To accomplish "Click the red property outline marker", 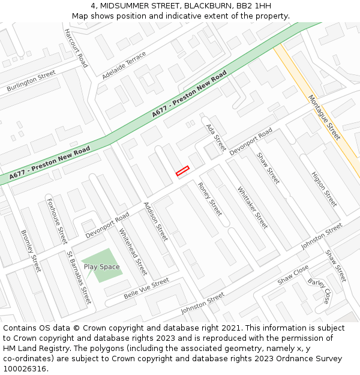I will (182, 171).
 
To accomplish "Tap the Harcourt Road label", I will (76, 47).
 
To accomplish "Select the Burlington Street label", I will (31, 82).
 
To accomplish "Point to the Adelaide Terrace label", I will (124, 65).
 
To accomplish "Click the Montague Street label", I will (324, 117).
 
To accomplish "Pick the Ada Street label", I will (216, 137).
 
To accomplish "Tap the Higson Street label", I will (324, 189).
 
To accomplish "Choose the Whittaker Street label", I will (253, 208).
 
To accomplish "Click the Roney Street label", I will (210, 199).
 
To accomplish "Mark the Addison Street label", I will (155, 221).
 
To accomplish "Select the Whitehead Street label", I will (133, 251).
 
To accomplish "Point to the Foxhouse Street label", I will (57, 221).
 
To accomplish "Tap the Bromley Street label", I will (31, 251).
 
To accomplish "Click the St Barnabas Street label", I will (79, 277).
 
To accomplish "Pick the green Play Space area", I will (102, 266).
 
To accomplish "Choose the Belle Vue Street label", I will (146, 289).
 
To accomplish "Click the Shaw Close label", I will (293, 275).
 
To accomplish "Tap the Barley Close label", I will (319, 290).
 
